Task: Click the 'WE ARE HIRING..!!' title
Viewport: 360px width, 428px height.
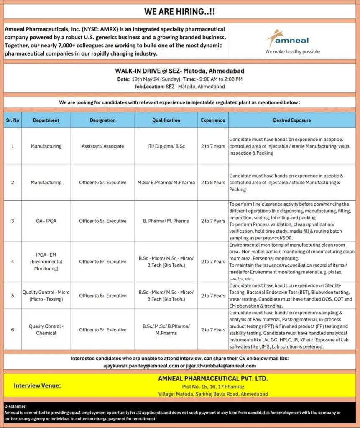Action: (180, 12)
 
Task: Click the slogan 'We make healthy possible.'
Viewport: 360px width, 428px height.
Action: (293, 52)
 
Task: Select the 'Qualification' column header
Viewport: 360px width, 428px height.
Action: (166, 120)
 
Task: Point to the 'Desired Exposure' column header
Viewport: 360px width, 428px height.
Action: (292, 120)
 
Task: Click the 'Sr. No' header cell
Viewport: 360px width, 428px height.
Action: (13, 120)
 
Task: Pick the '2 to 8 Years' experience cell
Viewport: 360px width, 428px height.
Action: (213, 182)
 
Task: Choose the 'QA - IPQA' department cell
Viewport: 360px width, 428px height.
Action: (46, 221)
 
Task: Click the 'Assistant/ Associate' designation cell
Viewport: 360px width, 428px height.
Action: (102, 146)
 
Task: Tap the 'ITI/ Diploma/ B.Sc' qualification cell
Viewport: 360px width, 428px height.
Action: (166, 146)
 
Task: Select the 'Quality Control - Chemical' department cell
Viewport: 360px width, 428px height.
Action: (46, 329)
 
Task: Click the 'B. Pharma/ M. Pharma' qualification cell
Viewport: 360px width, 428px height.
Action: (166, 221)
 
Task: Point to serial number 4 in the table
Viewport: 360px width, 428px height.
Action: (13, 262)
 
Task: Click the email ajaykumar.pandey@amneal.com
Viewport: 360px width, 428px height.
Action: (141, 366)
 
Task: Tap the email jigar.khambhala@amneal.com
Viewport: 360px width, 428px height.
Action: (221, 366)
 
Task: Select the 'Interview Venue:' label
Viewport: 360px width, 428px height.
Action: (37, 385)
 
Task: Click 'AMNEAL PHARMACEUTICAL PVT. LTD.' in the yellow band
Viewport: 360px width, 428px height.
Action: (213, 379)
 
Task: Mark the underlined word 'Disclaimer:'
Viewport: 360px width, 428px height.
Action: (15, 406)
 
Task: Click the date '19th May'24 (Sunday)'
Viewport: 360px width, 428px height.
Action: (155, 79)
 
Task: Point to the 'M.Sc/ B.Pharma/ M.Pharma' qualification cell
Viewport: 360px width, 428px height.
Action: (166, 182)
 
